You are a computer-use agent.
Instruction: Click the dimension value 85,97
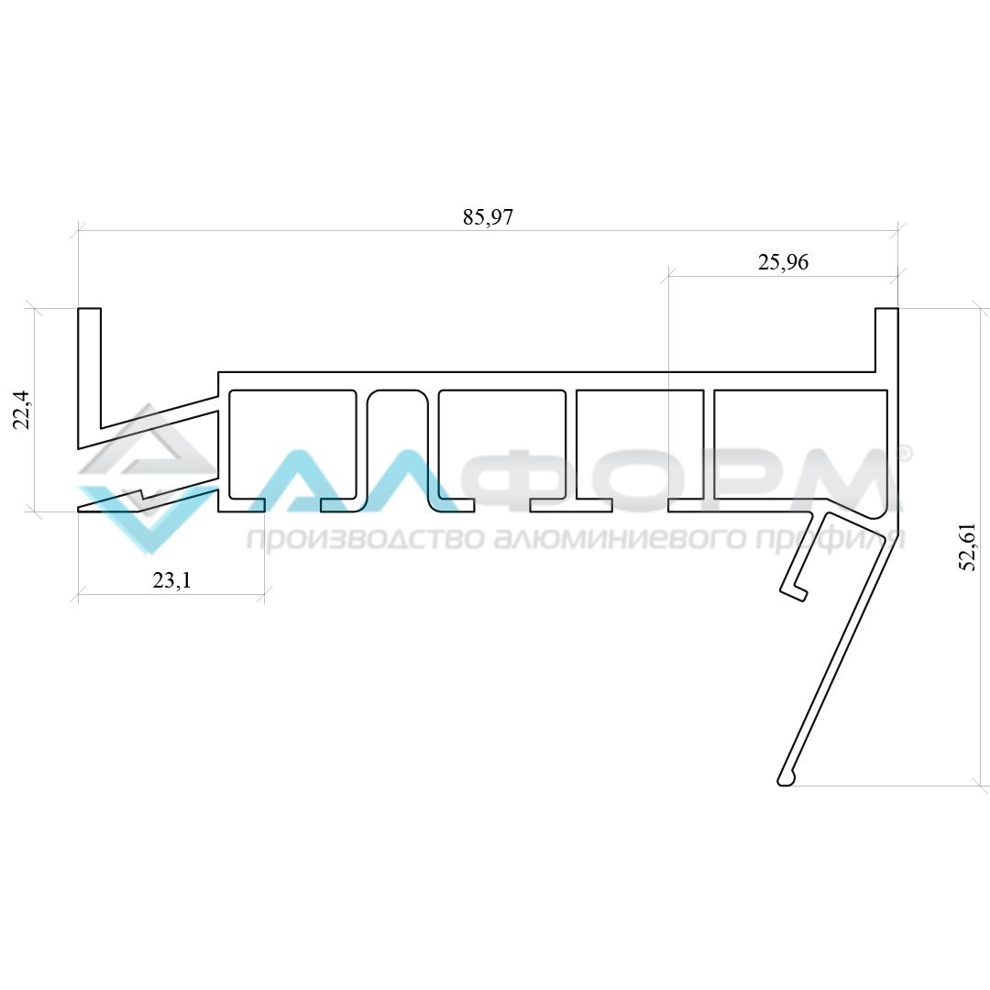pyautogui.click(x=488, y=217)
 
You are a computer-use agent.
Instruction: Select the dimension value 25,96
pyautogui.click(x=783, y=262)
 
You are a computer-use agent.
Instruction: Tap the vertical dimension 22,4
pyautogui.click(x=22, y=410)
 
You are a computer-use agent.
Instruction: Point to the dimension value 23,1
pyautogui.click(x=171, y=580)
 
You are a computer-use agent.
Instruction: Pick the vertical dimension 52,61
pyautogui.click(x=967, y=547)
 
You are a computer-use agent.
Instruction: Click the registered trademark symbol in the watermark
pyautogui.click(x=904, y=453)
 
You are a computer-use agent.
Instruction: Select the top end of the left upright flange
pyautogui.click(x=90, y=310)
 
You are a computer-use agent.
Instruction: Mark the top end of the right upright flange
pyautogui.click(x=886, y=310)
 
